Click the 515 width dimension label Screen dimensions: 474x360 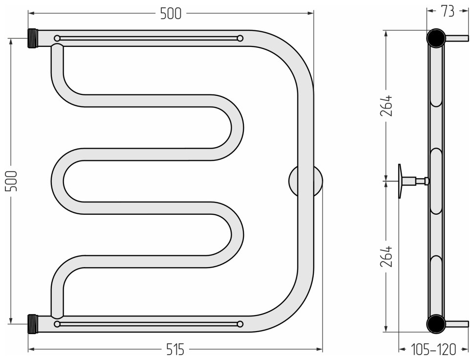point(175,350)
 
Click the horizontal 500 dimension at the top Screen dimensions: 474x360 point(171,14)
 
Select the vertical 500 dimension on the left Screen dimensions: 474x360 point(12,180)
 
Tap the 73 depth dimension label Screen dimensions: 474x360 point(448,12)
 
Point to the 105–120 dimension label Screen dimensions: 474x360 point(433,350)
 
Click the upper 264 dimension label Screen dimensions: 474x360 point(387,106)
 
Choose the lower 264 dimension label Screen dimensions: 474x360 point(387,256)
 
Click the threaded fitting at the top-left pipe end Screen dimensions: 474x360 point(33,38)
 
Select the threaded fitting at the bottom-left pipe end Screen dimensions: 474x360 point(33,324)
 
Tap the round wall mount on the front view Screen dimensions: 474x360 point(305,181)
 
